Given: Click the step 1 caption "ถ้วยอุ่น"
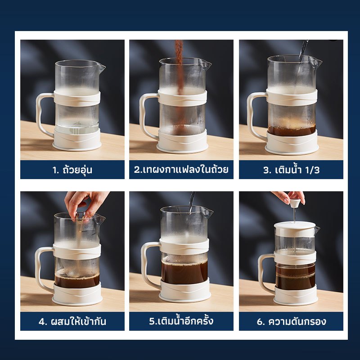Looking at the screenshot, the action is pyautogui.click(x=77, y=170).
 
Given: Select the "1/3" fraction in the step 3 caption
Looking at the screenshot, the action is pyautogui.click(x=312, y=170).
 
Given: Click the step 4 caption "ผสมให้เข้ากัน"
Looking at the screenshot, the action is pyautogui.click(x=77, y=321).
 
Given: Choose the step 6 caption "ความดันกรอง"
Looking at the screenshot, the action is pyautogui.click(x=297, y=321).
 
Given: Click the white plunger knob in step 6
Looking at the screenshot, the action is pyautogui.click(x=294, y=203).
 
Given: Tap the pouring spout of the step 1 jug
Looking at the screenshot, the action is pyautogui.click(x=101, y=67).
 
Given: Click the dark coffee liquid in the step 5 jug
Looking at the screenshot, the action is pyautogui.click(x=184, y=273).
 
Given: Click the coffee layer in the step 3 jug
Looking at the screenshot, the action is pyautogui.click(x=292, y=130).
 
